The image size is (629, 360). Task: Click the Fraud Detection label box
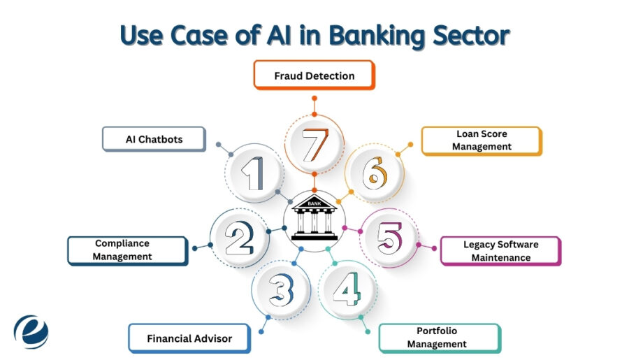[314, 75]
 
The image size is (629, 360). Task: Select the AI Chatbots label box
[154, 139]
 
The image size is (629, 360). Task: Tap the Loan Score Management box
[481, 141]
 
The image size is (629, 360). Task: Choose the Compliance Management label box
[127, 250]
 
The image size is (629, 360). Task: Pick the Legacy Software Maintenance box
[500, 251]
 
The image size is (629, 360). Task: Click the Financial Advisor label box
[189, 338]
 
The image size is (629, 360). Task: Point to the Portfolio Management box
[439, 338]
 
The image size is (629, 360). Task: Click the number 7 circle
[313, 144]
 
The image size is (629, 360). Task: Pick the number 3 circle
[280, 289]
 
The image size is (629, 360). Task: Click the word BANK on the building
[314, 203]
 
